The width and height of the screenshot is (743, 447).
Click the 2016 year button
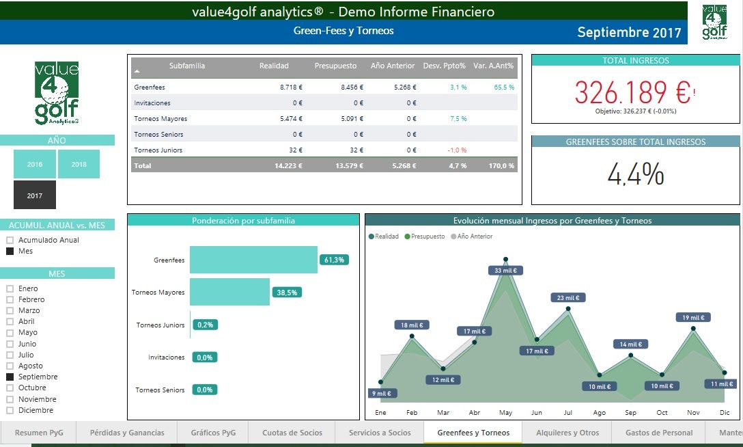pyautogui.click(x=35, y=164)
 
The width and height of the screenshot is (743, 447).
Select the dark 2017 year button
pyautogui.click(x=35, y=195)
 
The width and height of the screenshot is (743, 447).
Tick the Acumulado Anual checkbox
pyautogui.click(x=10, y=240)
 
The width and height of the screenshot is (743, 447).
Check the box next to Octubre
pyautogui.click(x=10, y=388)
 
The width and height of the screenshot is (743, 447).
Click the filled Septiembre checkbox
pyautogui.click(x=10, y=377)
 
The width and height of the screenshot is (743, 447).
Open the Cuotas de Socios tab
pyautogui.click(x=292, y=433)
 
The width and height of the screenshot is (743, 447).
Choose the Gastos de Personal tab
pyautogui.click(x=658, y=433)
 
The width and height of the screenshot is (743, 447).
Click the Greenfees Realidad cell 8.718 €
pyautogui.click(x=291, y=87)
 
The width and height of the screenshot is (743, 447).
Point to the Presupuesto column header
pyautogui.click(x=335, y=66)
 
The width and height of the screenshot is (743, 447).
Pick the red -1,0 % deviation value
pyautogui.click(x=457, y=150)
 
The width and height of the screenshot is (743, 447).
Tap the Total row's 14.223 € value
pyautogui.click(x=288, y=166)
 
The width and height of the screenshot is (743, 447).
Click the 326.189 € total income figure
pyautogui.click(x=633, y=92)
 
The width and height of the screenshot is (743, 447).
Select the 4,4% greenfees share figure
pyautogui.click(x=635, y=174)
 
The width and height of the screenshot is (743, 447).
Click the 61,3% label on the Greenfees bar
pyautogui.click(x=334, y=260)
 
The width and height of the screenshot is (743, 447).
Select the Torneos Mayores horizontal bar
pyautogui.click(x=230, y=292)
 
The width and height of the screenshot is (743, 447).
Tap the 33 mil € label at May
pyautogui.click(x=505, y=270)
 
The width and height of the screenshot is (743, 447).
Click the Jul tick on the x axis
pyautogui.click(x=567, y=412)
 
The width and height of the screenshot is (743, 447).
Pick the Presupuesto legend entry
pyautogui.click(x=425, y=236)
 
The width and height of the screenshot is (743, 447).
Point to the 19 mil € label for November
pyautogui.click(x=692, y=318)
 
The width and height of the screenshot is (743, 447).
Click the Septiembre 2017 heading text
pyautogui.click(x=629, y=32)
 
